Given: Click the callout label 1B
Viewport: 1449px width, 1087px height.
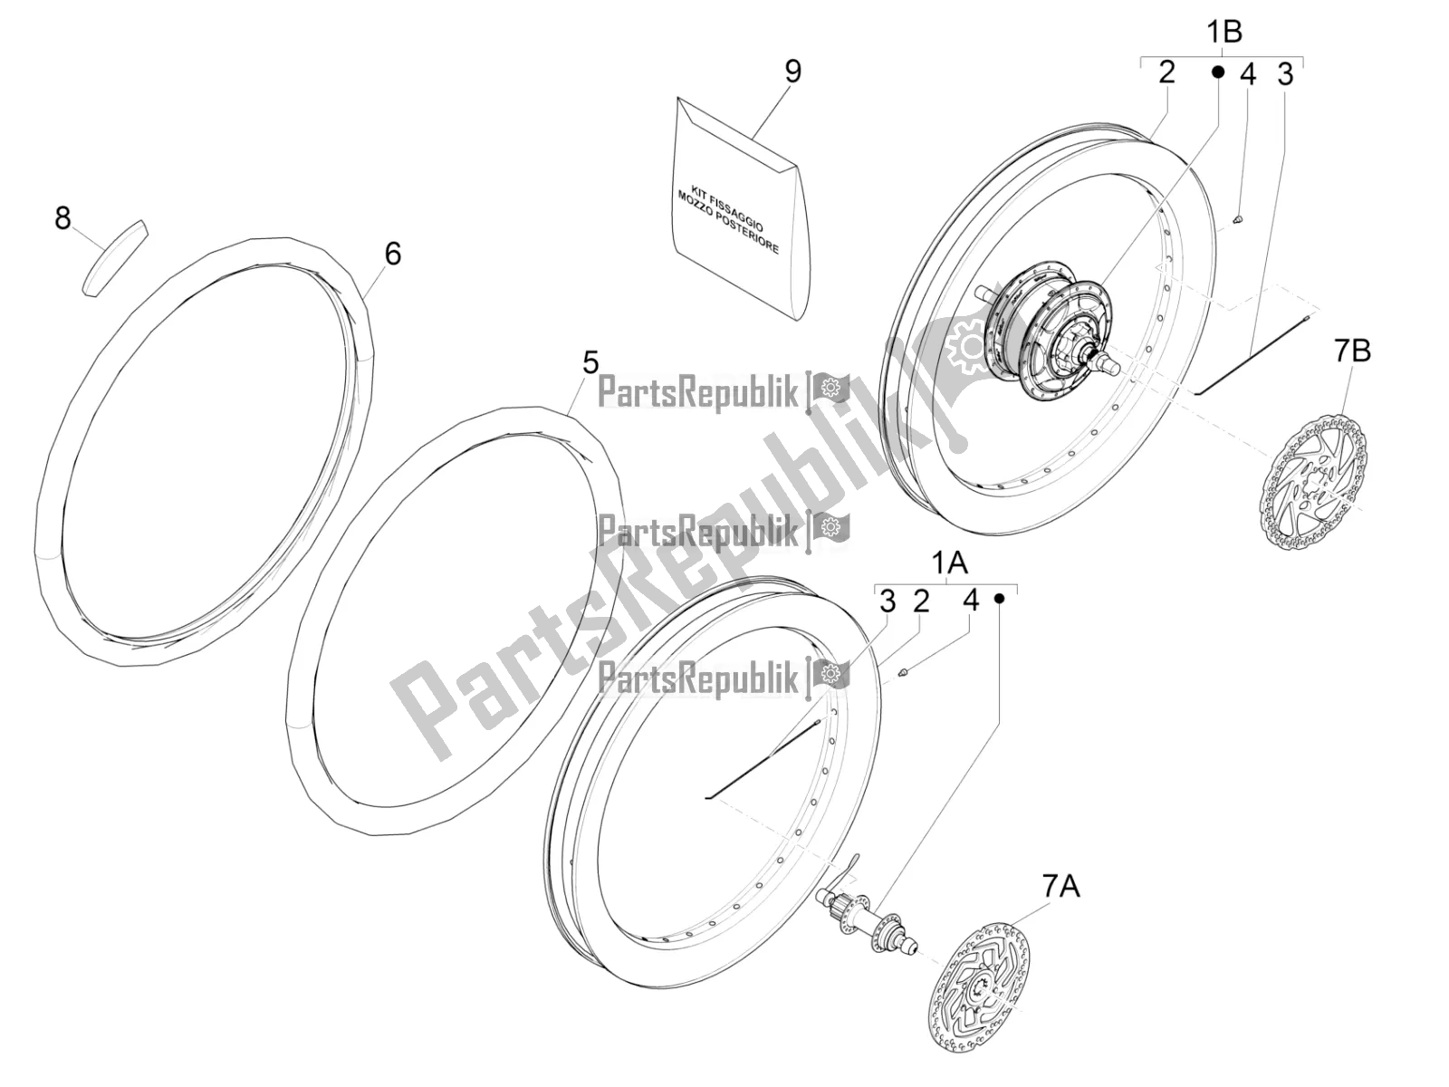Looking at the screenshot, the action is coord(1223,33).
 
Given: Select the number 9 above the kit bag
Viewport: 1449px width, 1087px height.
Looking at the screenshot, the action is coord(792,72).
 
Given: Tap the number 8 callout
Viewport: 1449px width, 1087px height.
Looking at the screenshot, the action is coord(62,217).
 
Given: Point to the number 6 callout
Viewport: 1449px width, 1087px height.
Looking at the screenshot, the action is coord(393,255).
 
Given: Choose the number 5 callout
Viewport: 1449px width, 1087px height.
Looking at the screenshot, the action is coord(590,363).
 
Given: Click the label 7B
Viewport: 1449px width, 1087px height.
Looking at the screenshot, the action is coord(1353,351).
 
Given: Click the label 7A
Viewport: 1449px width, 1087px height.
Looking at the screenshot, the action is coord(1061,887).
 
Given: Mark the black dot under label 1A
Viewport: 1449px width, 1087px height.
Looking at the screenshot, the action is coord(1000,599).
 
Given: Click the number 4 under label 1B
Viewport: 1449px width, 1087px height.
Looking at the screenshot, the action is coord(1248,75).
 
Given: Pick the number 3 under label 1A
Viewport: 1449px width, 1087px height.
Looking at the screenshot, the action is coord(888,601).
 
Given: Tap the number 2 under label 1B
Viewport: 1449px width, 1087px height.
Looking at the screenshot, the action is coord(1167,72).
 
